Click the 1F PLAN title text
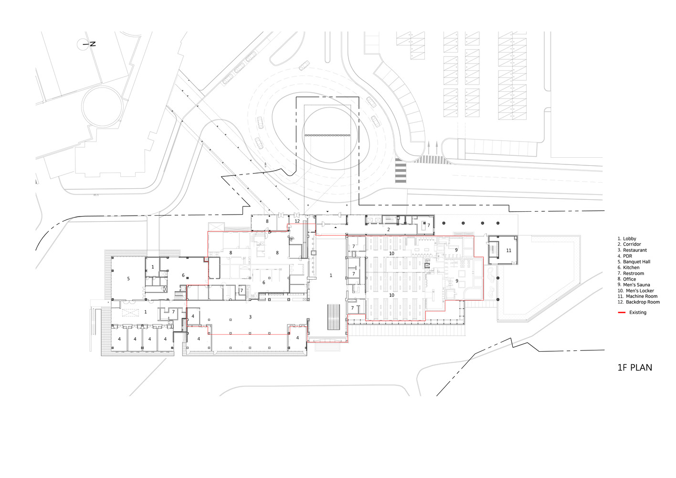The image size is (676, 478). (634, 368)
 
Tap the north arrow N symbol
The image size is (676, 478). (93, 44)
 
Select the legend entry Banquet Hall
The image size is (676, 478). (636, 262)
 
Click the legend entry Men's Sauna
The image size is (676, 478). (636, 285)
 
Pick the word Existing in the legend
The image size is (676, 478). (638, 313)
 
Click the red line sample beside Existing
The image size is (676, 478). (622, 313)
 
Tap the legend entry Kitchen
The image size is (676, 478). (631, 268)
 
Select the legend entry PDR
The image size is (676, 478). (627, 256)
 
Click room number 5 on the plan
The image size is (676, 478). (128, 279)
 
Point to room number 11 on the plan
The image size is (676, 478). (508, 250)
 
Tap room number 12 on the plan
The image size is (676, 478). (297, 221)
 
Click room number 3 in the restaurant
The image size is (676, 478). (250, 317)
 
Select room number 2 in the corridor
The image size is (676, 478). (388, 230)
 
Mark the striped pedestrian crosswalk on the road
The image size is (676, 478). (401, 173)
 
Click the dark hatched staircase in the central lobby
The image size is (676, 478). (333, 317)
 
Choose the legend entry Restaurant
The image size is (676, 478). (634, 250)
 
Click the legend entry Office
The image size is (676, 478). (629, 279)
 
